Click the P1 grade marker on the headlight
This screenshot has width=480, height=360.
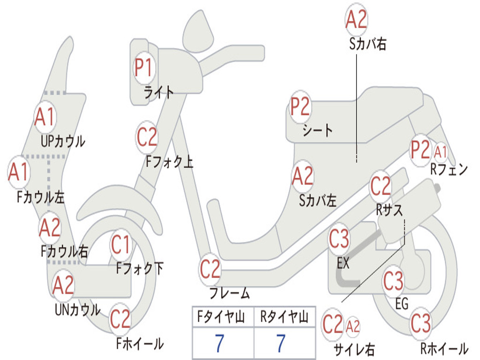click(144, 68)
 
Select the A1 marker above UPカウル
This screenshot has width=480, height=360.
click(45, 117)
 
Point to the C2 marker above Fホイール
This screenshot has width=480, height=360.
click(120, 319)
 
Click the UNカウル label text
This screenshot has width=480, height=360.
click(77, 309)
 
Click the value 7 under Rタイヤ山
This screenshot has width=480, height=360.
click(281, 344)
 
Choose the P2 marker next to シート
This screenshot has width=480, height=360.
click(300, 107)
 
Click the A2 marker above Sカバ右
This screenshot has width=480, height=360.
click(356, 19)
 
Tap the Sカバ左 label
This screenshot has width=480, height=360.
click(318, 201)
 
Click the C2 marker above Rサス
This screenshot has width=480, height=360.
click(381, 187)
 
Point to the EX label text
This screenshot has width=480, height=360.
click(343, 263)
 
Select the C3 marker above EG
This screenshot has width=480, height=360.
click(393, 281)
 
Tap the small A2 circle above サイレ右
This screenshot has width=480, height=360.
click(353, 325)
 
